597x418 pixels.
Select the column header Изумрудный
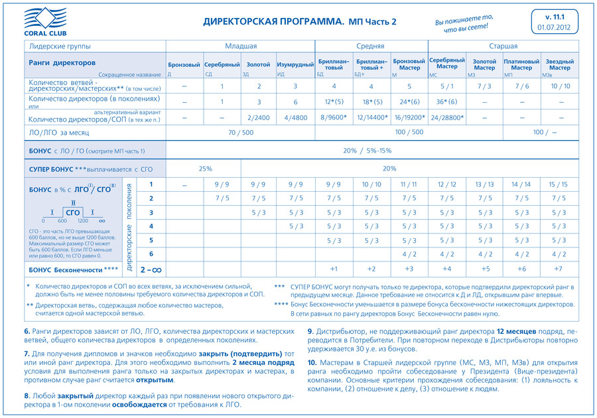(295, 65)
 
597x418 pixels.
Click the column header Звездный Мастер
(559, 65)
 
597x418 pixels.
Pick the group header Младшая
(240, 46)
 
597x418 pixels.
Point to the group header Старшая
(503, 46)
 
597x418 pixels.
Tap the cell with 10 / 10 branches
(559, 86)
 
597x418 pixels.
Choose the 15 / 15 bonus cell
(559, 184)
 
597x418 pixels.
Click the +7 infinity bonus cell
(559, 269)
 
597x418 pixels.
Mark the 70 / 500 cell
(240, 133)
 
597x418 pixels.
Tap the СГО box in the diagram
(73, 212)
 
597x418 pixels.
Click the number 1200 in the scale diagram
(83, 220)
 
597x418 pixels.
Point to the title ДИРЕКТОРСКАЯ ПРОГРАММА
(273, 21)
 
